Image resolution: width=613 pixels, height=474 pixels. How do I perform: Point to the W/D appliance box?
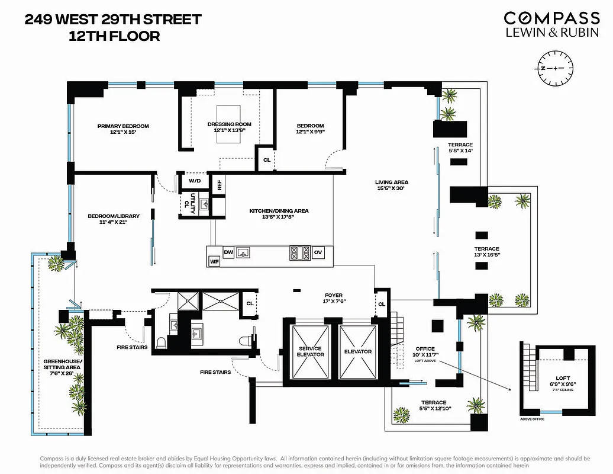coord(195,180)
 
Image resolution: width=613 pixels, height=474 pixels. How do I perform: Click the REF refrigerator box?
coord(219,184)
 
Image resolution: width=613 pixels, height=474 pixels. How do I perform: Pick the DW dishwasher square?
coord(228,252)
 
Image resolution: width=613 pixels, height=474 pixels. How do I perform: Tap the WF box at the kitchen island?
coord(214,261)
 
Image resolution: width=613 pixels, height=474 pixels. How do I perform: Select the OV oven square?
coord(318,252)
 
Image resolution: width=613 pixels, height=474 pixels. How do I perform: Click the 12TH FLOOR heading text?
coord(114,36)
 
